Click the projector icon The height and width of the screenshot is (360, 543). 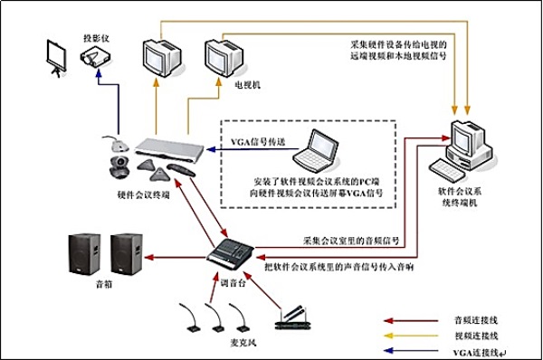click(x=95, y=55)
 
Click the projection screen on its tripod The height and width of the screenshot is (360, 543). click(x=56, y=58)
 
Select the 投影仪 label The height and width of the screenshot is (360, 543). click(x=96, y=38)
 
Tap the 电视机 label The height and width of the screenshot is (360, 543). click(x=248, y=85)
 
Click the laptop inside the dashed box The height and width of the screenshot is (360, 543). click(x=316, y=150)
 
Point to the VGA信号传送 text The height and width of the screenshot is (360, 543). click(x=258, y=142)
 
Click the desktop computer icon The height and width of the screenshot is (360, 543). click(x=464, y=150)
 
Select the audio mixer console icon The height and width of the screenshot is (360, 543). click(x=230, y=251)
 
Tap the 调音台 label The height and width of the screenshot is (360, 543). click(x=233, y=283)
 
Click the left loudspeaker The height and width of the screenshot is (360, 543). click(x=84, y=254)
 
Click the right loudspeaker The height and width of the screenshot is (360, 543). click(x=127, y=254)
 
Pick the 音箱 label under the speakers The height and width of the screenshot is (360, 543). click(x=104, y=285)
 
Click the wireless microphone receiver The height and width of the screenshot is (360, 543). click(x=292, y=318)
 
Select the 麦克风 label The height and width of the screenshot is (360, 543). click(x=243, y=343)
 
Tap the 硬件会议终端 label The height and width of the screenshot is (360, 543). click(x=144, y=194)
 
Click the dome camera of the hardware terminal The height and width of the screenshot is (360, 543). click(x=119, y=167)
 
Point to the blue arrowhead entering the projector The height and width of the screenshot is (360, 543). click(x=99, y=73)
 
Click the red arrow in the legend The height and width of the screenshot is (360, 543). click(x=411, y=320)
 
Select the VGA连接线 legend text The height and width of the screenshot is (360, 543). click(x=477, y=353)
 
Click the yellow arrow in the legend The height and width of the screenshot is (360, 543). click(x=411, y=336)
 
